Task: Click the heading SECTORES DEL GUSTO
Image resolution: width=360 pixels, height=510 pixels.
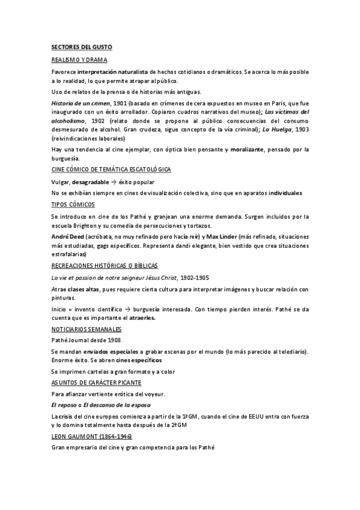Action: (x=81, y=47)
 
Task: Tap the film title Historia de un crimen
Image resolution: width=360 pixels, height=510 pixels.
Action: (x=80, y=103)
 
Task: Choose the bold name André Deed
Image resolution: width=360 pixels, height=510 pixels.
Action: (x=67, y=237)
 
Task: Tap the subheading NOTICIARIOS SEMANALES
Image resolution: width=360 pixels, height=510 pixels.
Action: (x=87, y=330)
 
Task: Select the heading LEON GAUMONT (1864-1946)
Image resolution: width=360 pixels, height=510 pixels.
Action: (x=91, y=436)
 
